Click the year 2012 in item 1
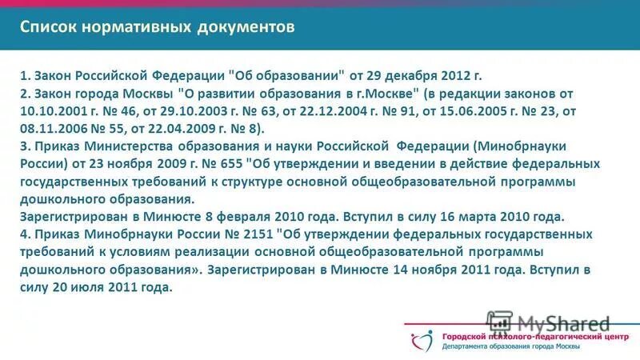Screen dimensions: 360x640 (453, 76)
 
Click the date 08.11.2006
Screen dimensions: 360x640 (51, 129)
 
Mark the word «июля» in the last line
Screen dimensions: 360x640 (82, 287)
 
